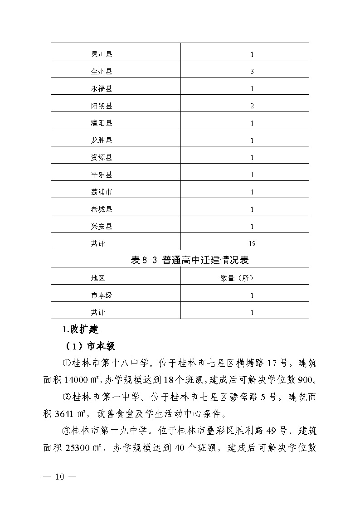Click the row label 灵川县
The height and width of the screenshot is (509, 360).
(x=102, y=54)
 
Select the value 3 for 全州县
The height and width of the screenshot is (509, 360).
(x=252, y=72)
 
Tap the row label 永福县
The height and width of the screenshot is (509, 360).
(x=102, y=89)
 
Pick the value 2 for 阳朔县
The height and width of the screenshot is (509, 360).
(x=252, y=106)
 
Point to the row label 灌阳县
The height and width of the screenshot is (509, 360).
(x=102, y=123)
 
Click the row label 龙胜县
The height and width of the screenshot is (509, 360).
(x=102, y=141)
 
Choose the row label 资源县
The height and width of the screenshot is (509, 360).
(x=102, y=158)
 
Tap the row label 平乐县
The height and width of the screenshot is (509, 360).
(x=102, y=175)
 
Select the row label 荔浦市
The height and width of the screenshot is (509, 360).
(x=102, y=192)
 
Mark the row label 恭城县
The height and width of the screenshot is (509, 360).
(x=102, y=209)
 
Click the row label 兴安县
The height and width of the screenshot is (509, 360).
(x=102, y=227)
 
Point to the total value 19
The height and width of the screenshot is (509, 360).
(x=252, y=244)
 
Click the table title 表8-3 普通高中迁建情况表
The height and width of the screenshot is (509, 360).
(x=190, y=260)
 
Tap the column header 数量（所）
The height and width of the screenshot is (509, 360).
(x=237, y=278)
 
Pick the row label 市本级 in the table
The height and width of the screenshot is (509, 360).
(x=102, y=296)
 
